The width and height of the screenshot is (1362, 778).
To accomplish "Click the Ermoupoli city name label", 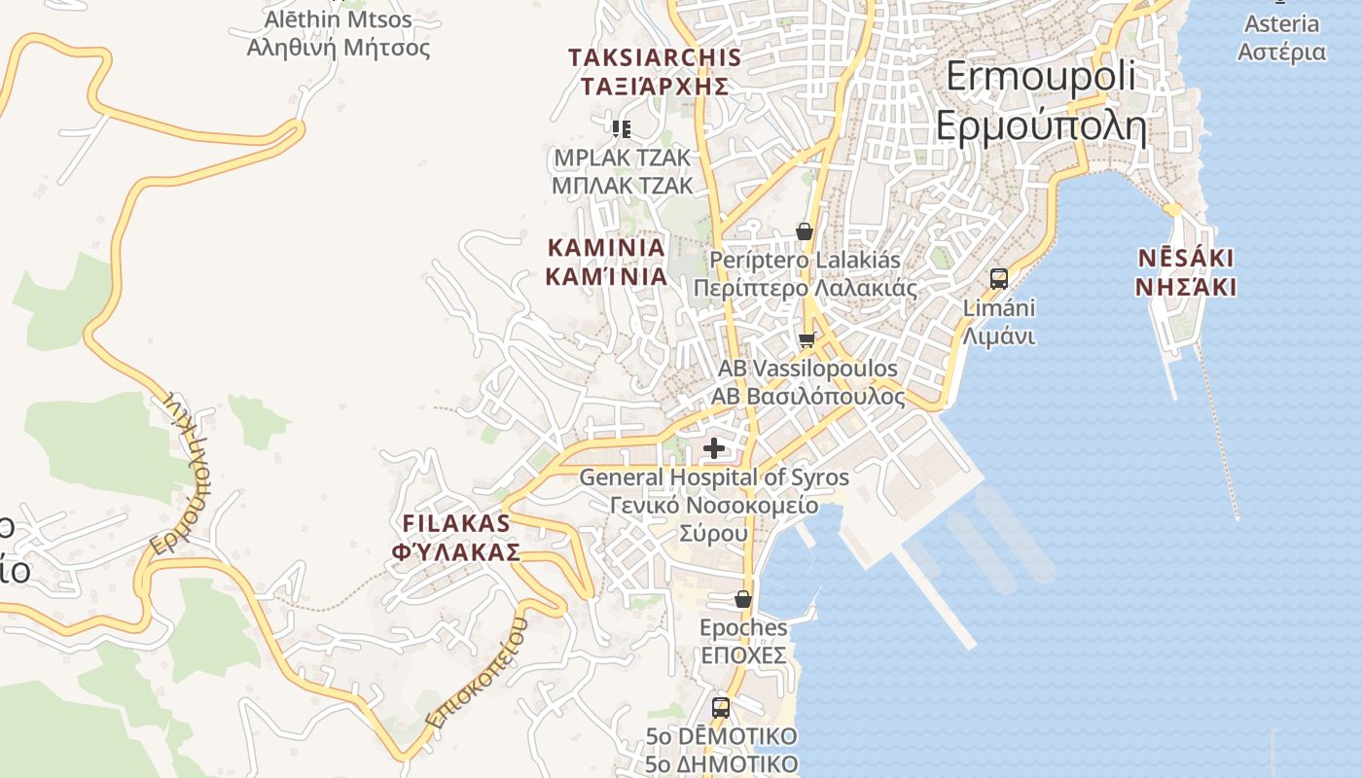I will click(x=1040, y=101).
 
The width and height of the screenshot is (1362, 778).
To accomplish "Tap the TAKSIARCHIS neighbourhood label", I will click(x=655, y=71).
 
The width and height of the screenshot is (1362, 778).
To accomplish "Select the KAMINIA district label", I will click(x=606, y=262).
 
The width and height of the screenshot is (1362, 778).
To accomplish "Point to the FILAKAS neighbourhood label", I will click(x=456, y=537).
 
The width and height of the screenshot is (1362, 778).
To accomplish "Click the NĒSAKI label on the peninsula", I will click(x=1186, y=272).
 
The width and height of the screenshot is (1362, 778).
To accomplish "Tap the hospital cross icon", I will click(x=715, y=448).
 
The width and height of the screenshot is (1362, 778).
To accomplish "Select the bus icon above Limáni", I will click(x=998, y=279).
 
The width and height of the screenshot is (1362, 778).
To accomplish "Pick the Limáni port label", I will click(x=998, y=322).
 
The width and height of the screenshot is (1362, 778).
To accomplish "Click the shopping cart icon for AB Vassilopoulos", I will click(x=806, y=340).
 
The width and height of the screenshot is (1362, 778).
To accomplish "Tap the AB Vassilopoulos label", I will click(x=806, y=382).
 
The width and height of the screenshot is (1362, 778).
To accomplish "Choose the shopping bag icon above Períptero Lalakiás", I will click(x=804, y=231).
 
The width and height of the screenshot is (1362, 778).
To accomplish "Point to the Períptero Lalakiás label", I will click(x=805, y=274).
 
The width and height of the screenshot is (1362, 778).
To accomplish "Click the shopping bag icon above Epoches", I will click(x=743, y=599).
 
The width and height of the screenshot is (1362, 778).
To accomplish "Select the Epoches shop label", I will click(x=743, y=641).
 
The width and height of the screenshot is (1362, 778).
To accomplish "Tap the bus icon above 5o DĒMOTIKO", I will click(x=721, y=707).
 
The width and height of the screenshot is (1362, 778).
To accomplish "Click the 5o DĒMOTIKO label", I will click(x=721, y=750).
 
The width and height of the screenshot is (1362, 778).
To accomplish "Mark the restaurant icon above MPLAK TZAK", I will click(x=622, y=128).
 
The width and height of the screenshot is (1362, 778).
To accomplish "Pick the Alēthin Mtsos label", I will click(x=338, y=32).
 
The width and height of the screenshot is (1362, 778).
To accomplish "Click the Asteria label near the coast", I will click(x=1281, y=37).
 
